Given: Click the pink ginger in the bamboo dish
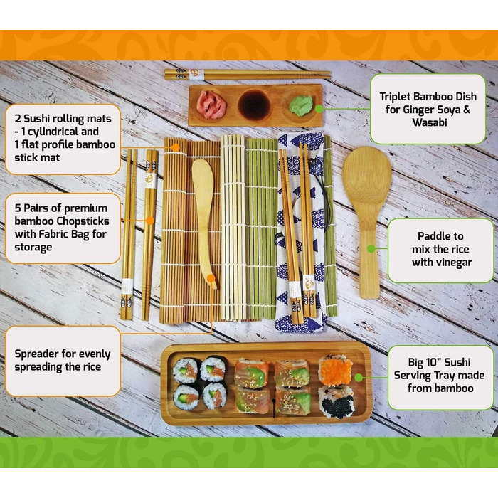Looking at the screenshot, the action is point(211,104).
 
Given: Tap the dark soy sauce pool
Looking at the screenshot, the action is point(255,105).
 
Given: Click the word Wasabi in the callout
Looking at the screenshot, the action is point(430,122).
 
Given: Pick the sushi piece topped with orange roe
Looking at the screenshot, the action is point(336,371).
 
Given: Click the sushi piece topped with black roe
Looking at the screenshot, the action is point(336,401).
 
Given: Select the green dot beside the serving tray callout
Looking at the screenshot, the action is point(359,378).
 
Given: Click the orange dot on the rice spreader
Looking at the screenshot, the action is point(211,279).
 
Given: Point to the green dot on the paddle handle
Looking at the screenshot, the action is point(371,249).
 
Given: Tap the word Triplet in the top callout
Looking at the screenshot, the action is point(396,97).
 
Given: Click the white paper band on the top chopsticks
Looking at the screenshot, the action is point(196,74).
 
